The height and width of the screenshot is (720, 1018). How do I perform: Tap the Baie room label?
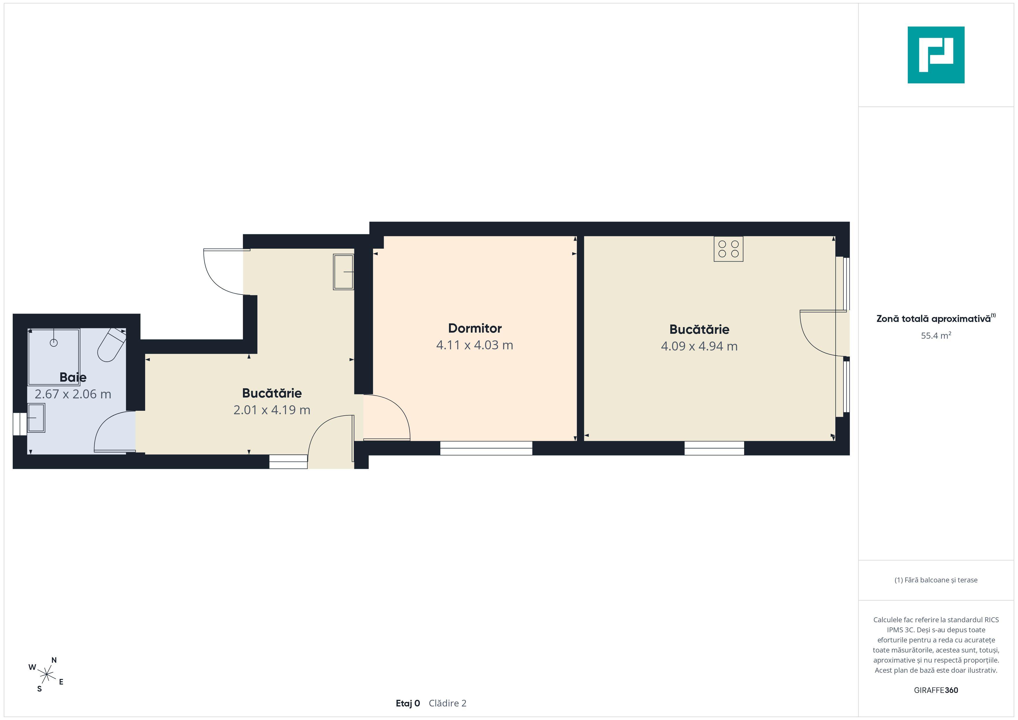pyautogui.click(x=73, y=377)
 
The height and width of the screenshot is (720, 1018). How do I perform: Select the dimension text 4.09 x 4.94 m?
pyautogui.click(x=699, y=346)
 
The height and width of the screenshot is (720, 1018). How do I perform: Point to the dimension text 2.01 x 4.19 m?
pyautogui.click(x=272, y=410)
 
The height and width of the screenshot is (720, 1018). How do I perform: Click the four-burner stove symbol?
pyautogui.click(x=729, y=249)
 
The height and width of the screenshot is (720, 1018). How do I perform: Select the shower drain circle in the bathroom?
pyautogui.click(x=54, y=342)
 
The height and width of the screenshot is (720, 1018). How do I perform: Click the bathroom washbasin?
pyautogui.click(x=36, y=418)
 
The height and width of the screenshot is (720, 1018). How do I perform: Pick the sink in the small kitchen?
pyautogui.click(x=344, y=272)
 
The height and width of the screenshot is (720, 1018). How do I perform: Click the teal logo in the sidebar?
pyautogui.click(x=936, y=55)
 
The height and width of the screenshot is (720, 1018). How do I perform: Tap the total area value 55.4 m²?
pyautogui.click(x=936, y=335)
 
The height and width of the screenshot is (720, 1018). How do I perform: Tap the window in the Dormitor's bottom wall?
pyautogui.click(x=486, y=448)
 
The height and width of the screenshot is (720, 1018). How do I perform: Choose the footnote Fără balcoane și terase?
pyautogui.click(x=936, y=580)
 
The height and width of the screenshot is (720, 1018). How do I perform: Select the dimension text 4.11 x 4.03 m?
pyautogui.click(x=475, y=345)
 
